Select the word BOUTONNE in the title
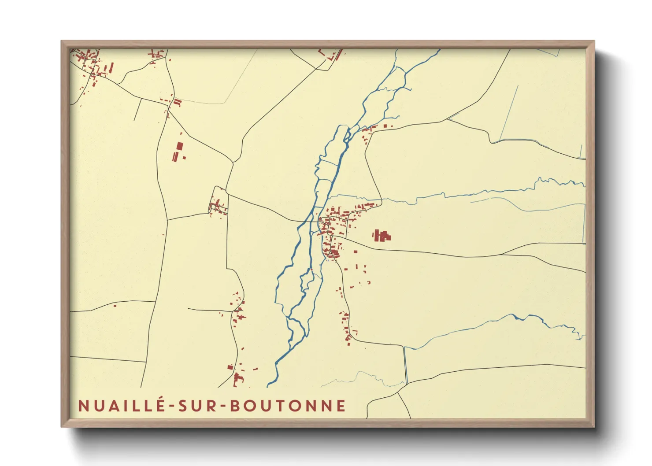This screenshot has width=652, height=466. point(288,406)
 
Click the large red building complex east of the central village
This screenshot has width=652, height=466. point(382,236)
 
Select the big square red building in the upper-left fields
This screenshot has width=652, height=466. point(179,146)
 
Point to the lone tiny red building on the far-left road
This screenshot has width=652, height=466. point(115,305)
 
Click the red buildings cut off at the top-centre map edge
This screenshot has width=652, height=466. point(331,54)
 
